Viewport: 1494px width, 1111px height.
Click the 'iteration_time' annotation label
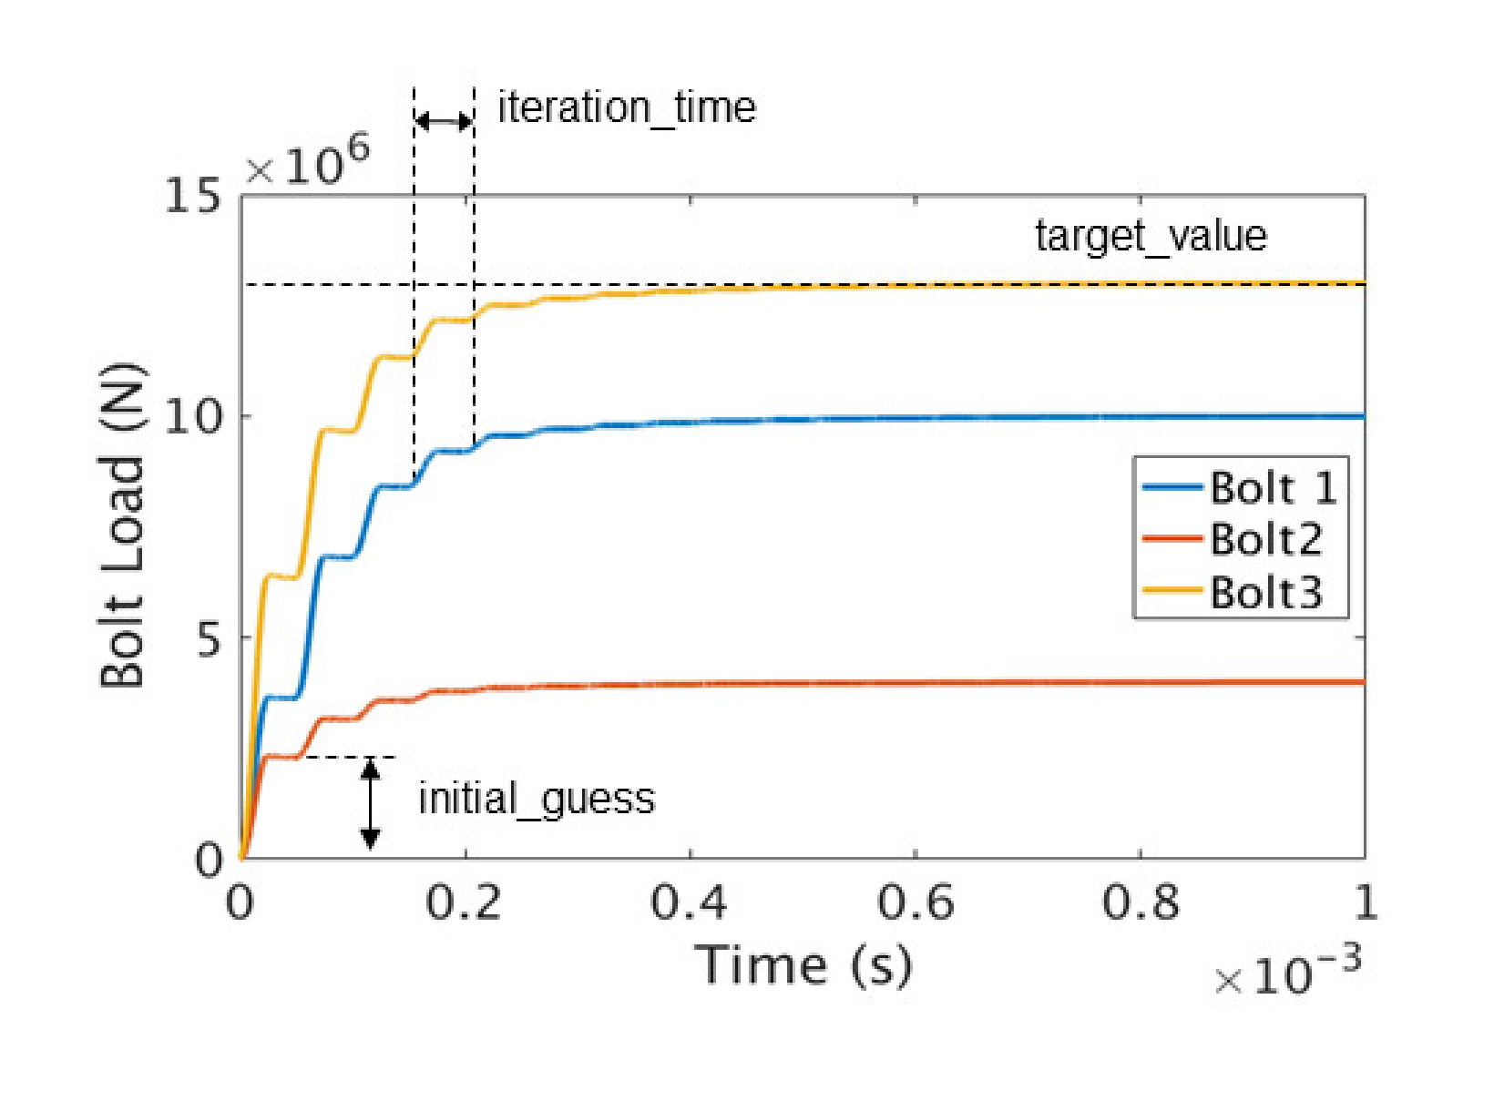(626, 108)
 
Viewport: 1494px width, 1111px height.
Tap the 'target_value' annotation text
(1151, 236)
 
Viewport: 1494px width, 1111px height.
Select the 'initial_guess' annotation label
(537, 799)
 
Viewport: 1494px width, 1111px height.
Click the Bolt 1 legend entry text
(1273, 488)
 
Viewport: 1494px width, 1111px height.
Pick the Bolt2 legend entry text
(1265, 540)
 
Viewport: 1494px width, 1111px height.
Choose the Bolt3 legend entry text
(1265, 593)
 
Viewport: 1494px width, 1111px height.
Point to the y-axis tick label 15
(192, 195)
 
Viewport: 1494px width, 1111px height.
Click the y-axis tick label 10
(192, 417)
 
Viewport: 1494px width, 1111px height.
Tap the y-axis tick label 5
(209, 639)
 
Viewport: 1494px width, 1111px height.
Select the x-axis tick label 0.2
(464, 902)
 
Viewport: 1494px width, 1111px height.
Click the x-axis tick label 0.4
(689, 902)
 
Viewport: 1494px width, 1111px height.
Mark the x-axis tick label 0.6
(915, 902)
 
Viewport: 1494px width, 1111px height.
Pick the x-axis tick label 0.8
(1140, 902)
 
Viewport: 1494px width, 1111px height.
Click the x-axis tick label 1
(1365, 902)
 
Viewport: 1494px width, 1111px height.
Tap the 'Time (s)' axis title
(803, 965)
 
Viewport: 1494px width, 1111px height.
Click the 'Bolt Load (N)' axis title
(122, 525)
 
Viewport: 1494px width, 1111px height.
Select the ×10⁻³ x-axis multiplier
(1287, 973)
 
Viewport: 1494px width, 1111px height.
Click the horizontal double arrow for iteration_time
(444, 120)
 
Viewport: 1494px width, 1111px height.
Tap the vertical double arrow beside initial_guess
(370, 803)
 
